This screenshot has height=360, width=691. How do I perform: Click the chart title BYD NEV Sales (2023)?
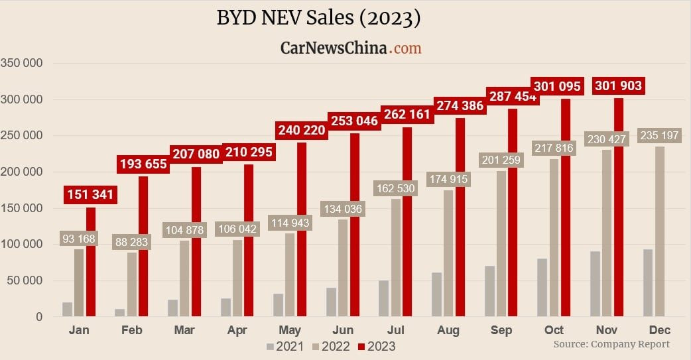click(x=318, y=18)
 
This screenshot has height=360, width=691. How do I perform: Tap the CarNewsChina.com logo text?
click(x=351, y=48)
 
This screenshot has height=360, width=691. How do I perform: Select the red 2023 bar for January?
click(x=91, y=261)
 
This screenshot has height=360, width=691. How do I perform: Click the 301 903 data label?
click(x=618, y=86)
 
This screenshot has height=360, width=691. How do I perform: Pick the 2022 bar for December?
click(x=660, y=232)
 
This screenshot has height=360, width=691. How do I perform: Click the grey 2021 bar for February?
click(x=120, y=312)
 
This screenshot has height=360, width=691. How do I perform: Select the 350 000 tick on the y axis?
click(x=22, y=64)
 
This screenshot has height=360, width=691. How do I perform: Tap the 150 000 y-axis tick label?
click(x=22, y=208)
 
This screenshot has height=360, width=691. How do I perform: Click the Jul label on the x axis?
click(x=395, y=330)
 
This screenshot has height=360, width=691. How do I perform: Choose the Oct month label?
click(x=554, y=330)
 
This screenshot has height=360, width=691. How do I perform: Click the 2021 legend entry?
click(x=286, y=346)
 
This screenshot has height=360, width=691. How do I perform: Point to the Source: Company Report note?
click(x=611, y=344)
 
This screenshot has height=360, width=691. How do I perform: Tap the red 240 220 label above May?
click(x=301, y=130)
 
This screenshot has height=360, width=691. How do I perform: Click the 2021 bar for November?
click(x=596, y=284)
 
